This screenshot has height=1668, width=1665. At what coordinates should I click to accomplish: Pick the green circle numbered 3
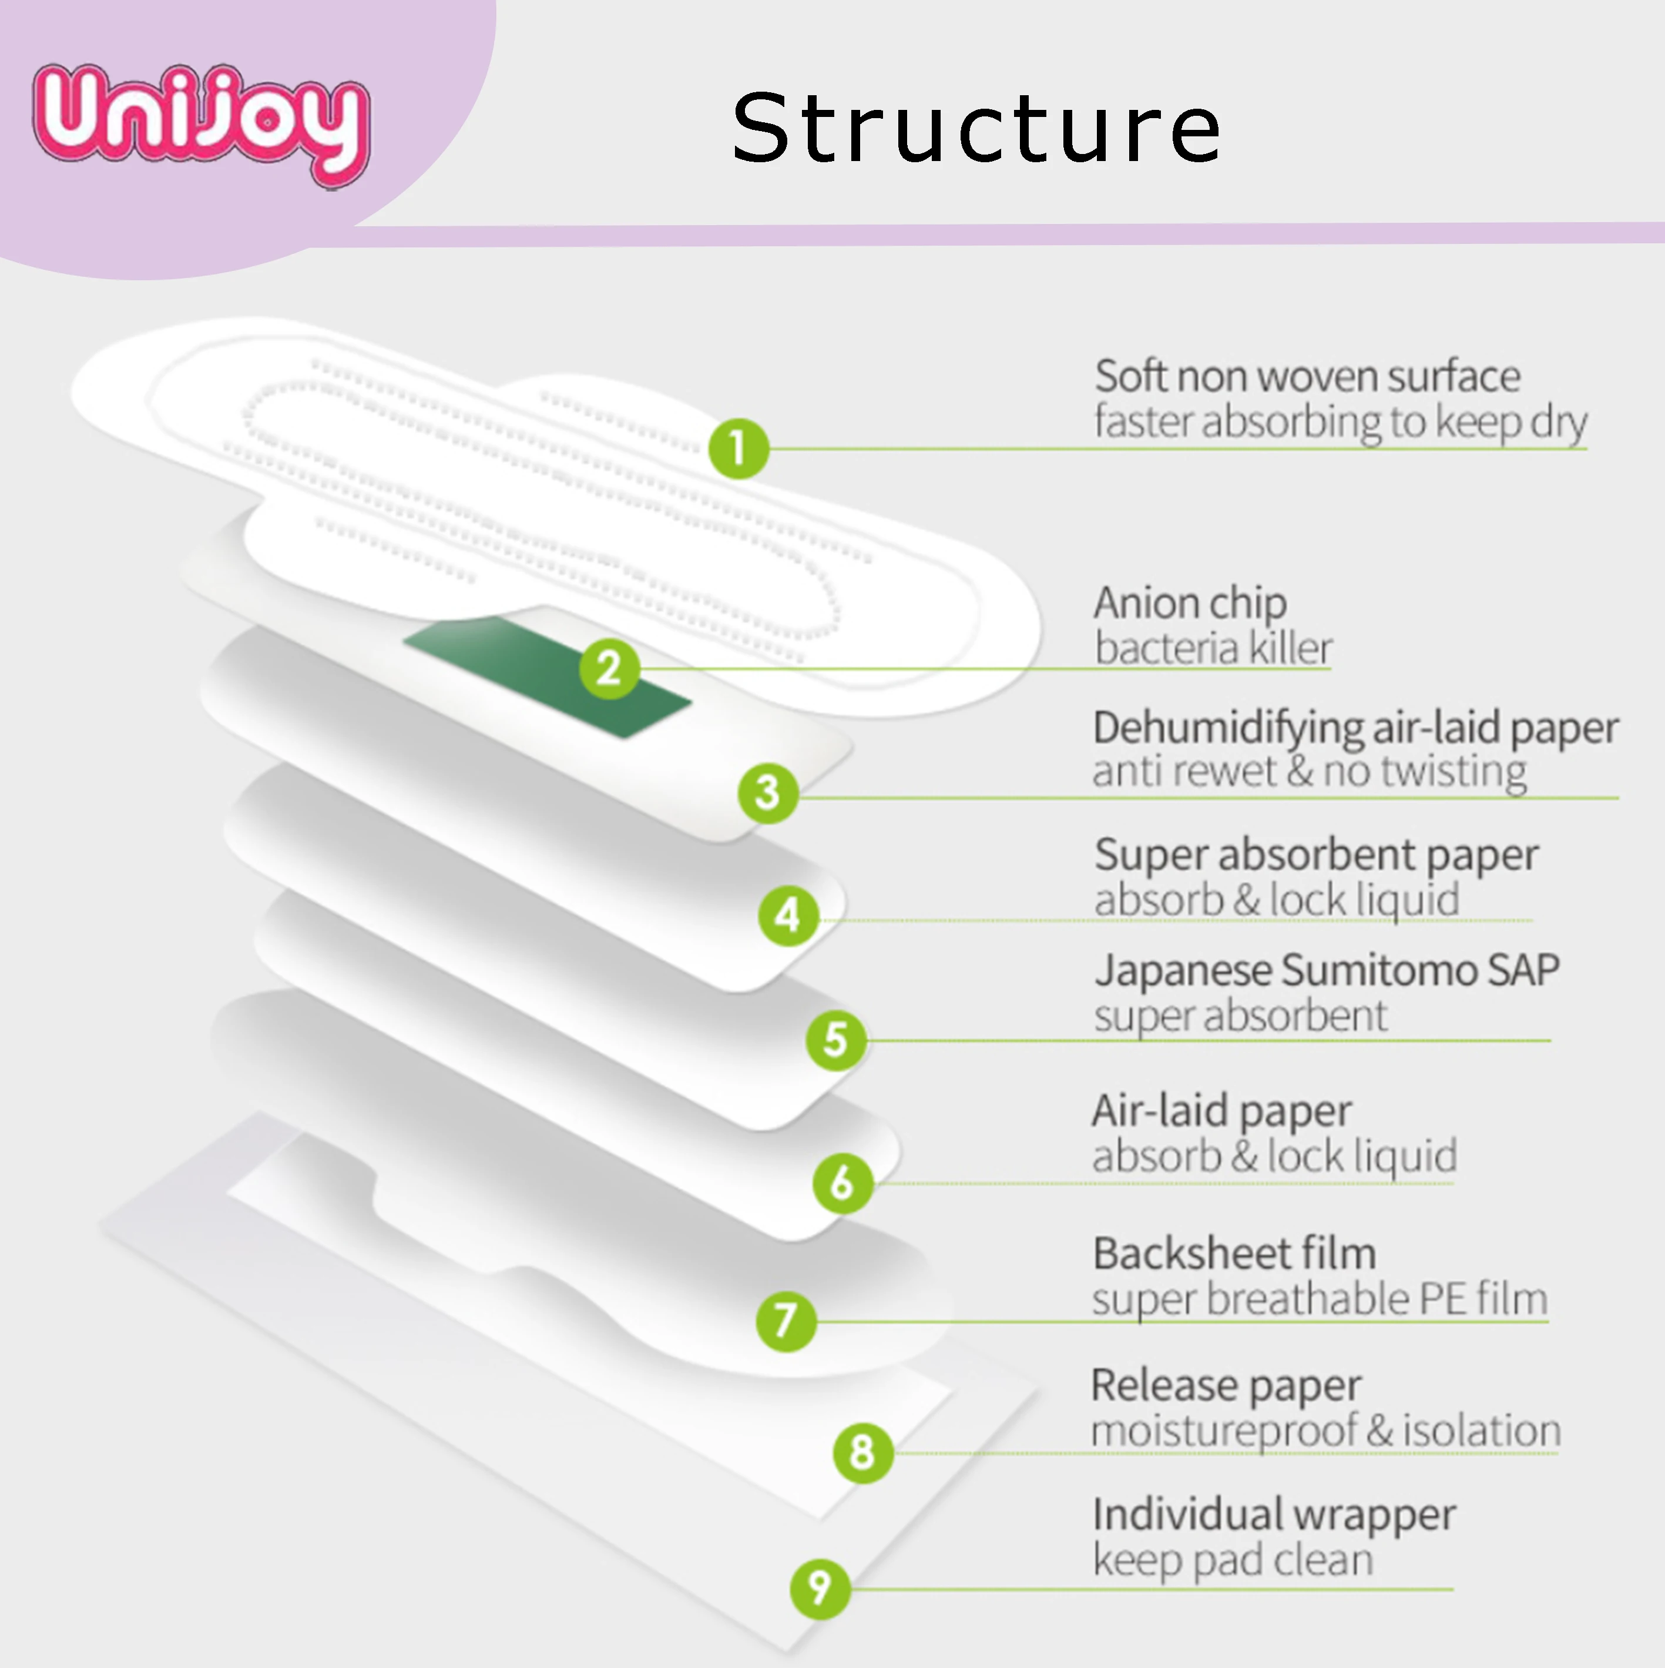(767, 792)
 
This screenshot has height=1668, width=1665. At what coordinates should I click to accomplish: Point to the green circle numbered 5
(835, 1040)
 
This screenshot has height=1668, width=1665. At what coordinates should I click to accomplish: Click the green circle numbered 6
(842, 1182)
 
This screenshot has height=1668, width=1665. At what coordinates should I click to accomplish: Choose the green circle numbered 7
(785, 1320)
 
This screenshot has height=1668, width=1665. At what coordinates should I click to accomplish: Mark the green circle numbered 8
(862, 1452)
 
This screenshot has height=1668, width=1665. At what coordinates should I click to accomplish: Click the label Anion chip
(1189, 602)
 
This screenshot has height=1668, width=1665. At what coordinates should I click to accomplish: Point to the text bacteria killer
(1213, 648)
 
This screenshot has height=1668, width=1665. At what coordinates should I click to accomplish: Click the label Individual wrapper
(1273, 1515)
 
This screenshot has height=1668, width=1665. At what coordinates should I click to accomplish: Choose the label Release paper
(1226, 1385)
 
